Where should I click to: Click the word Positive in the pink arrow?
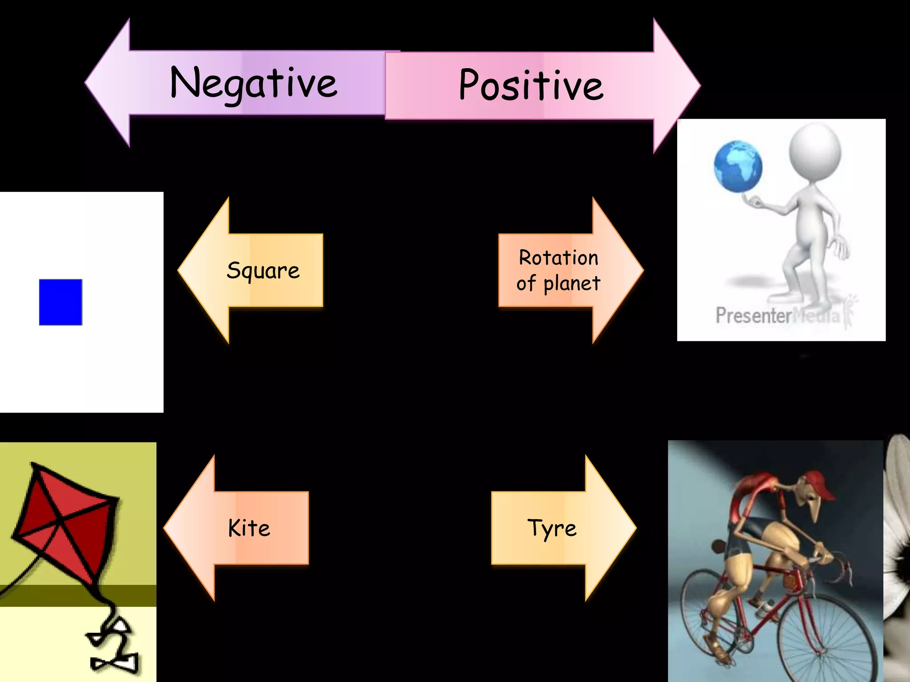[x=531, y=85]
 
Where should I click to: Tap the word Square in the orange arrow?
[x=263, y=270]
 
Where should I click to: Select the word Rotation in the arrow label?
[x=559, y=258]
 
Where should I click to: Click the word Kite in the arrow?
[x=249, y=528]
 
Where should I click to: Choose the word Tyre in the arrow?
[x=552, y=528]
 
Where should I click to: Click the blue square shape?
[x=60, y=302]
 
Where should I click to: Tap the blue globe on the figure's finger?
[x=738, y=167]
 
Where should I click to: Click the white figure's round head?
[x=814, y=151]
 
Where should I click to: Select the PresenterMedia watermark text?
[x=778, y=316]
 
